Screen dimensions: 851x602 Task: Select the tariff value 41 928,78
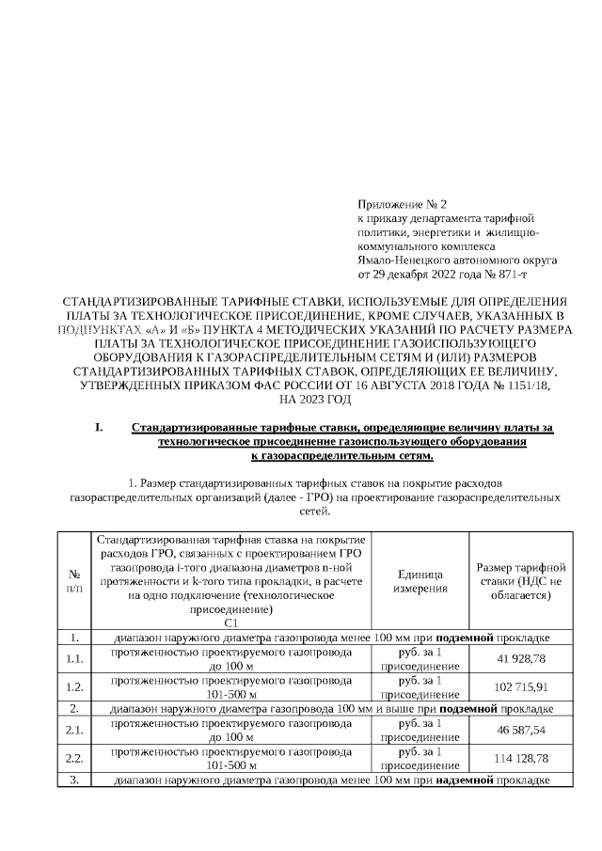point(521,658)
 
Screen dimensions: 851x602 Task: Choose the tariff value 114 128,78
point(521,757)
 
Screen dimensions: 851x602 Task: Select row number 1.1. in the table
point(74,658)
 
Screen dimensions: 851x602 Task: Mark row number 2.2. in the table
point(74,757)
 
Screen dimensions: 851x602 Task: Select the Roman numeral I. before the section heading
point(99,428)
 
